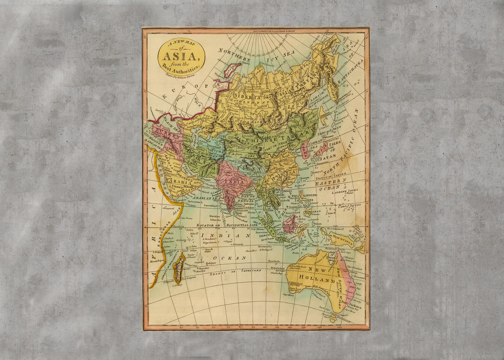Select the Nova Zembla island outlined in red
pyautogui.click(x=231, y=68)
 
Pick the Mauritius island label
pyautogui.click(x=203, y=268)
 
